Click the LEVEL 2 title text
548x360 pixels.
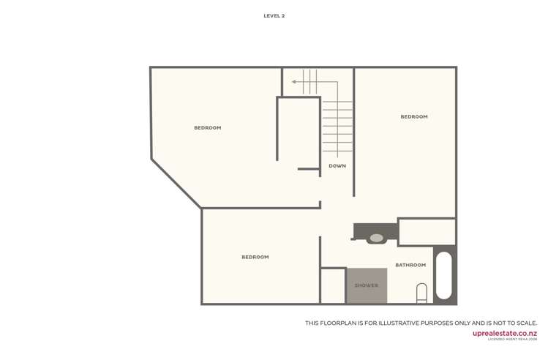(274, 15)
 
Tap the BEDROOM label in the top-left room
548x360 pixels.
(207, 128)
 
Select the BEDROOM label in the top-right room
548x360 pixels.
(414, 117)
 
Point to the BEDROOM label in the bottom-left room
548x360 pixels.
(255, 258)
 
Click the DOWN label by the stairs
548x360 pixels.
(337, 166)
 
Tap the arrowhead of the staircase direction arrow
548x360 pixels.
(294, 82)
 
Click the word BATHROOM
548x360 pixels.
(410, 265)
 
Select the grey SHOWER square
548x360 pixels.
(367, 285)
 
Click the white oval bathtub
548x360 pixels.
(444, 276)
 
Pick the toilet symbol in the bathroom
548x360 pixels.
(421, 293)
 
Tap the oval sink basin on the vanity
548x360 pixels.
(376, 239)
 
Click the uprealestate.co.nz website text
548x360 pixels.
(504, 333)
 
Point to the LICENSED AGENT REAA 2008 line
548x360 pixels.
(512, 340)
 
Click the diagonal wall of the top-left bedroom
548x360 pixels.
(176, 184)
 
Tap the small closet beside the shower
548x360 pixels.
(333, 286)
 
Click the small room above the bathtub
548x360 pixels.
(427, 232)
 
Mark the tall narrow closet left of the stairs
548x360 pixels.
(299, 132)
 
